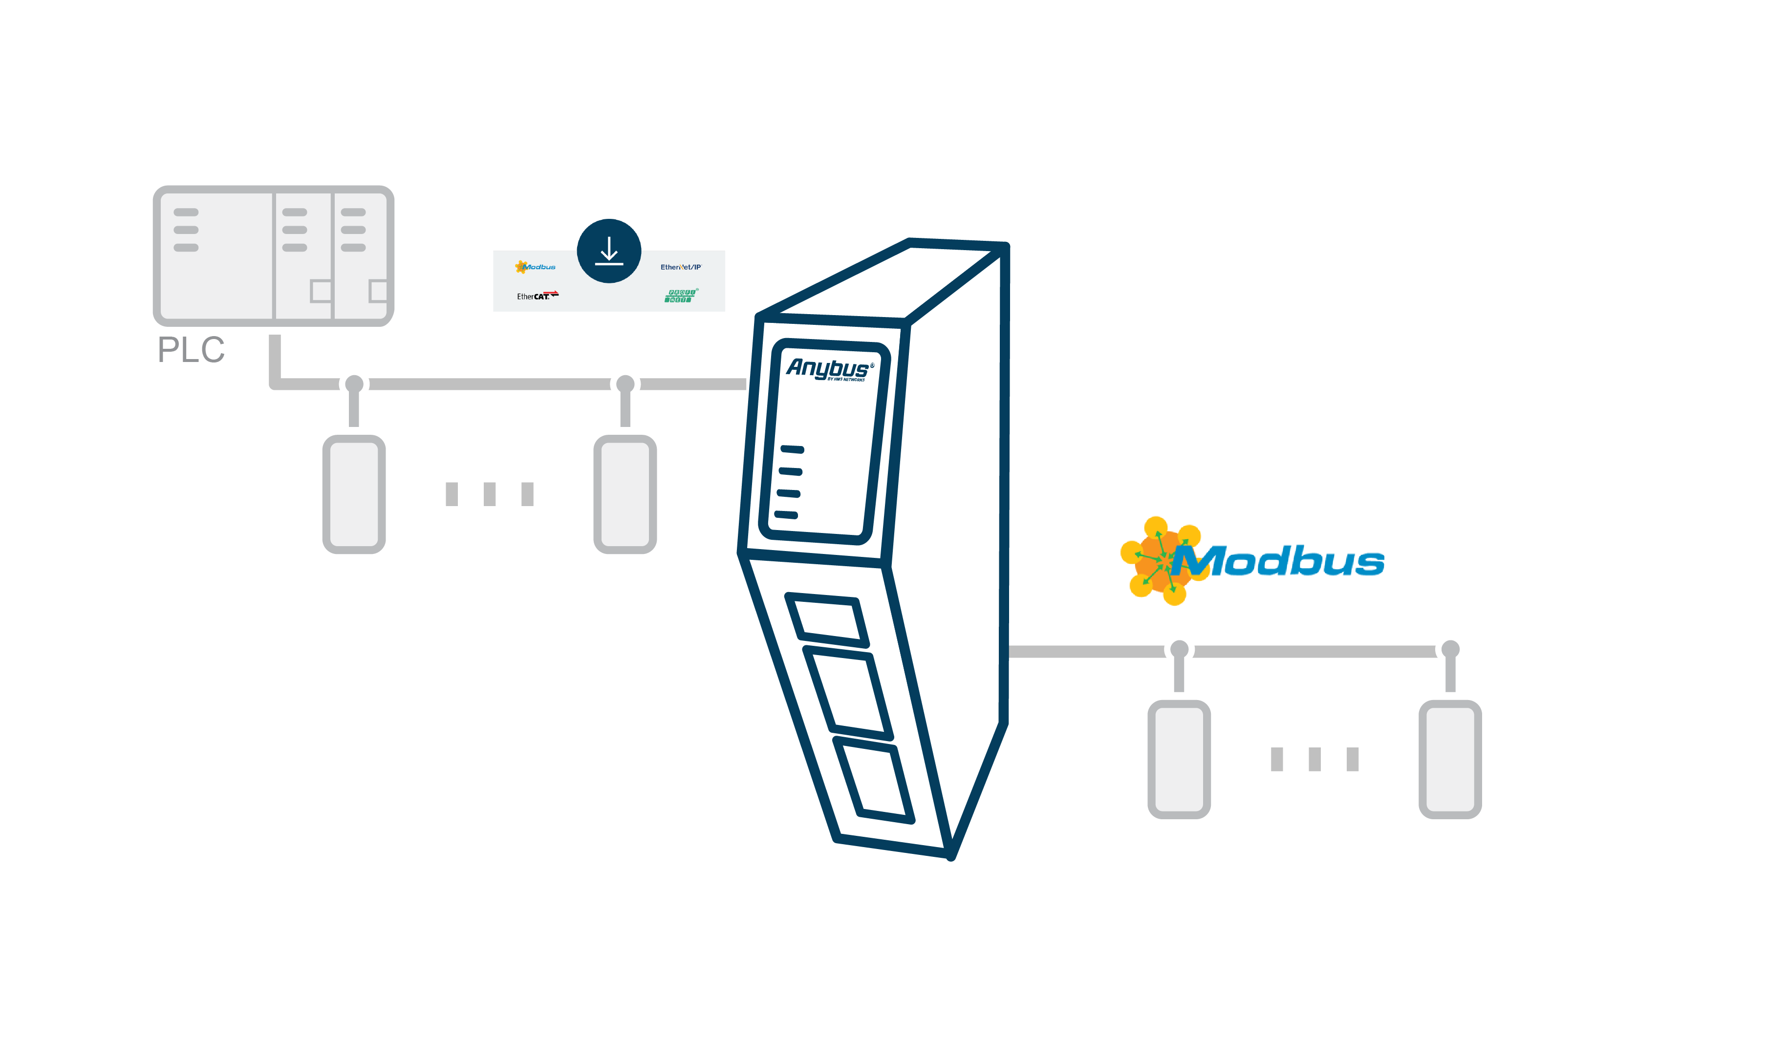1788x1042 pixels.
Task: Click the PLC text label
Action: (191, 350)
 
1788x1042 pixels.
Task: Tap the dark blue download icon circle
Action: (609, 251)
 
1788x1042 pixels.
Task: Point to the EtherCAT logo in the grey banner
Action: (537, 296)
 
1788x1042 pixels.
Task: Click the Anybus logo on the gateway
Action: (829, 369)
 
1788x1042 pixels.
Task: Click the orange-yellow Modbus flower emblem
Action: (1161, 560)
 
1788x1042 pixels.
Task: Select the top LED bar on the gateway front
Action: (792, 449)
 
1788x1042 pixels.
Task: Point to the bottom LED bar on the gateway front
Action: (786, 515)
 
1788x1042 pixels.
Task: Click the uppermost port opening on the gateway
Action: (827, 620)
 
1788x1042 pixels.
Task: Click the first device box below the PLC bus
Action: (354, 494)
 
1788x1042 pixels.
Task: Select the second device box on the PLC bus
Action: (625, 494)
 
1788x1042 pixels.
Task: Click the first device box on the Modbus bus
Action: (1179, 759)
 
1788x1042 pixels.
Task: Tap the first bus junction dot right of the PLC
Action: (354, 384)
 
